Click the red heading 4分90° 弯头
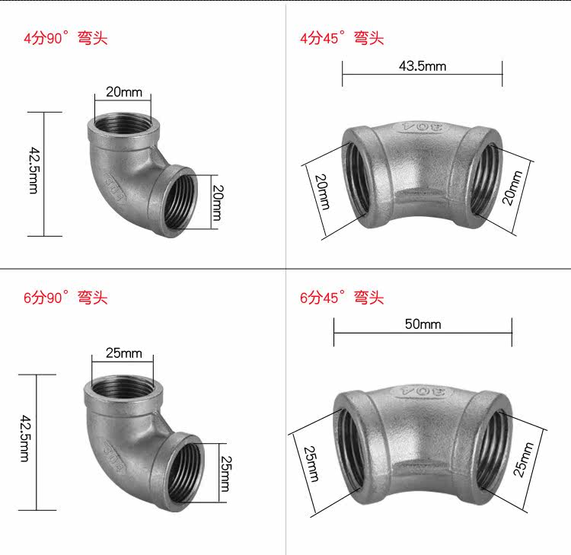point(65,38)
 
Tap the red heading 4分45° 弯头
point(342,38)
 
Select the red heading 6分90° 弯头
point(65,298)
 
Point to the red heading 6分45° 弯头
point(342,298)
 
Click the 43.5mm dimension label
point(423,66)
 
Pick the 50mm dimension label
point(423,324)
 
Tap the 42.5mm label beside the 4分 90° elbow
point(33,171)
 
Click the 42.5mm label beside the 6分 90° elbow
point(24,439)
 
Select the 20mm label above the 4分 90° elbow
point(124,92)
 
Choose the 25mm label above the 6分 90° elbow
point(124,353)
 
